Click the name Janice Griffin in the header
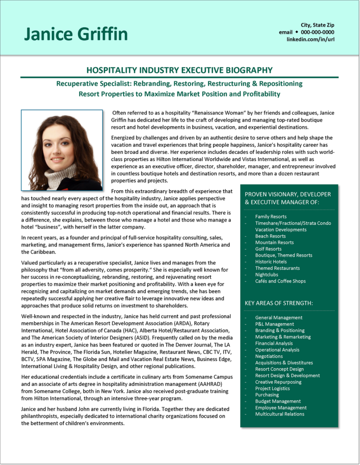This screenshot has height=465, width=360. pos(76,34)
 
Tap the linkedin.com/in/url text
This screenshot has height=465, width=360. pos(310,40)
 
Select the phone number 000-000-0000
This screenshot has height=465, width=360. pos(317,32)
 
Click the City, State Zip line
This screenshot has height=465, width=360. pos(317,25)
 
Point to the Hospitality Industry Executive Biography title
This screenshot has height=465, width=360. pos(180,70)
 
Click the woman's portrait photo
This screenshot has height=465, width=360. pos(62,150)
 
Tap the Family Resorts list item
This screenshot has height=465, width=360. pos(270,217)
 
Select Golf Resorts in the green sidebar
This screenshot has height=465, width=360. pos(268,249)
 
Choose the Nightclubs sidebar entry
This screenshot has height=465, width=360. pos(267,274)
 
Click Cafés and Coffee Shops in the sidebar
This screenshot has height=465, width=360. pos(280,281)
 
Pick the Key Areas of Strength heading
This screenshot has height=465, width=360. pos(279,303)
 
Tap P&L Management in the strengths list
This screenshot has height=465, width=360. pos(275,324)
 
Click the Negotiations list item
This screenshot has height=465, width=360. pos(269,356)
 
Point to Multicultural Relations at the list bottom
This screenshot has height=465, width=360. pos(280,414)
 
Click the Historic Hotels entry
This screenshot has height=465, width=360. pos(271,262)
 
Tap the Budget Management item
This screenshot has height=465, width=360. pos(278,401)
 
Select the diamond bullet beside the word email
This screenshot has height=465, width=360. pos(296,32)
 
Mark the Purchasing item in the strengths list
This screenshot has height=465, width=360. pos(267,395)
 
